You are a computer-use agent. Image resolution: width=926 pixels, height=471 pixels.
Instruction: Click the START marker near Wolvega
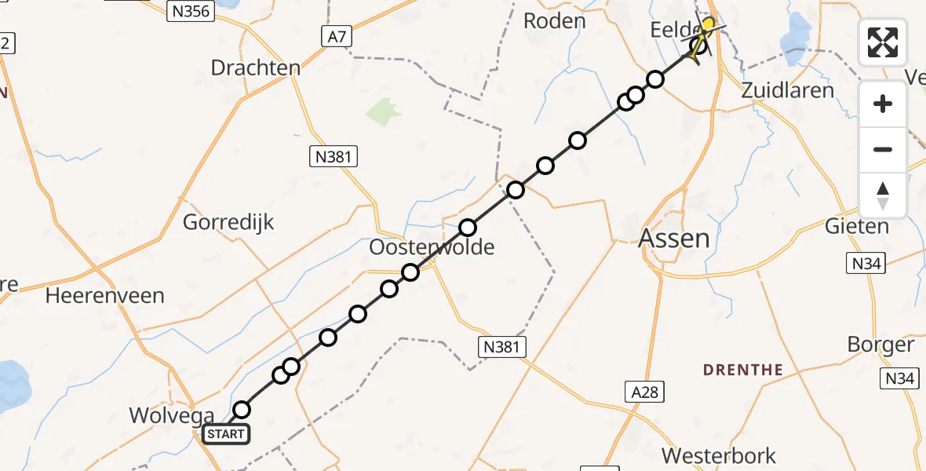(227, 434)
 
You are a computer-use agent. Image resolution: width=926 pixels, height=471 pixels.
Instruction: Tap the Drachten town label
(256, 68)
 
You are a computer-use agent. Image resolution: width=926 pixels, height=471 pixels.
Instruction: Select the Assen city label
(675, 238)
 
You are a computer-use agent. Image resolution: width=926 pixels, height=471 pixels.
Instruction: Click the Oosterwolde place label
(432, 248)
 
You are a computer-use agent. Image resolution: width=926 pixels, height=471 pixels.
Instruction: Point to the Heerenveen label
(105, 296)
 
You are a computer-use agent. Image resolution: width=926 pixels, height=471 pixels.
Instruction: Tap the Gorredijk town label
(228, 222)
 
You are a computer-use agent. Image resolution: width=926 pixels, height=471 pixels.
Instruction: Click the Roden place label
(555, 21)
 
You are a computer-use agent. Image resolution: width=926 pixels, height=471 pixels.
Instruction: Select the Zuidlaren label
(788, 90)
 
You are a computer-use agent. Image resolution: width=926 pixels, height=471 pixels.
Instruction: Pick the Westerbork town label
(719, 455)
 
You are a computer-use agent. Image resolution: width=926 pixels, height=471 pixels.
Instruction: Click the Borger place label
(881, 345)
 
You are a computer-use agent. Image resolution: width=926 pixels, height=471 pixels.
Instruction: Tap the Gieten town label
(856, 227)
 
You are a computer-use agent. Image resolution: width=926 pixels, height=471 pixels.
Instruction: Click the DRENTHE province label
(743, 370)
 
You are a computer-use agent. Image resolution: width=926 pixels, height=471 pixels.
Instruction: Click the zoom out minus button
(883, 149)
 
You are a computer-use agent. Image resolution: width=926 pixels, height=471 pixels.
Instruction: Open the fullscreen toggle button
(883, 42)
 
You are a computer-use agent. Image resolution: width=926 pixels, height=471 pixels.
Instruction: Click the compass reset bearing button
(883, 195)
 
